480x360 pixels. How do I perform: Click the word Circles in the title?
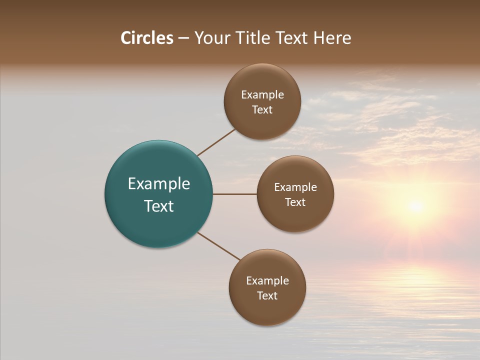(x=147, y=38)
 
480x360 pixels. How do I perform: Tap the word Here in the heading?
(x=332, y=38)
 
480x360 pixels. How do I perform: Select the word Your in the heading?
(x=212, y=38)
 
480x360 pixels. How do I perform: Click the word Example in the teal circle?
(x=159, y=184)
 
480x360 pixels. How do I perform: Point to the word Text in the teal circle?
(x=159, y=206)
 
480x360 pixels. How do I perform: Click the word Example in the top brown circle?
(x=262, y=95)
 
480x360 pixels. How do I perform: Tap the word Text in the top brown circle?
(x=262, y=110)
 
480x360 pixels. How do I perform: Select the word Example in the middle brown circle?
(x=295, y=187)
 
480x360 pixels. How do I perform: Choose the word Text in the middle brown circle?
(x=295, y=202)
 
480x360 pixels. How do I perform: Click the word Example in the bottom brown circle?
(x=267, y=281)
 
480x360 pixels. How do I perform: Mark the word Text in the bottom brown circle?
(x=267, y=296)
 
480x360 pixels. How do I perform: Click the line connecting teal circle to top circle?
(x=216, y=142)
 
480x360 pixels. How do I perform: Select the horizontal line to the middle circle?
(x=235, y=194)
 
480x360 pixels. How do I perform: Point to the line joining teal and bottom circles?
(x=219, y=246)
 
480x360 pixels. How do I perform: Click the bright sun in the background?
(x=415, y=205)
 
